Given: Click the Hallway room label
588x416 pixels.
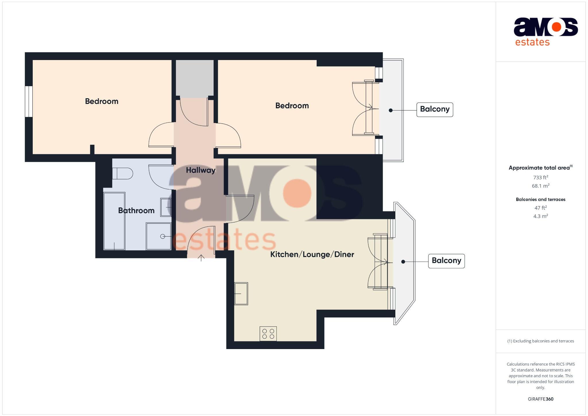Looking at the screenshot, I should pyautogui.click(x=200, y=170).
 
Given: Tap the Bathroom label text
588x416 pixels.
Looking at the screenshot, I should pyautogui.click(x=136, y=210).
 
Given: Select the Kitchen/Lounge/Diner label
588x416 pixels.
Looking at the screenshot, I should pyautogui.click(x=312, y=254).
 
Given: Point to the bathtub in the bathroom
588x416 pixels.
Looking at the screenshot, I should pyautogui.click(x=114, y=221).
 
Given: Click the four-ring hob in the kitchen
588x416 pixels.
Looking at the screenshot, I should pyautogui.click(x=268, y=334).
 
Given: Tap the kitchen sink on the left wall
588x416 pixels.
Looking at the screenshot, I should pyautogui.click(x=241, y=293).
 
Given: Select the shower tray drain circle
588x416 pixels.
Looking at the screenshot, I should pyautogui.click(x=163, y=236).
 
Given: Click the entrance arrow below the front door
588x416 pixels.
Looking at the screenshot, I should pyautogui.click(x=201, y=258).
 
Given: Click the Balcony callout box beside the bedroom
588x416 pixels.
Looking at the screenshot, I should pyautogui.click(x=434, y=109).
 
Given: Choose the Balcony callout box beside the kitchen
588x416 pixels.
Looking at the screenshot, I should pyautogui.click(x=446, y=261).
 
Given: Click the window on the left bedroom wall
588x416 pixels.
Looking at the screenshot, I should pyautogui.click(x=28, y=101).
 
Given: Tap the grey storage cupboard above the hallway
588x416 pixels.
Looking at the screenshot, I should pyautogui.click(x=195, y=78).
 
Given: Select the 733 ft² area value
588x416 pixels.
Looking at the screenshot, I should pyautogui.click(x=540, y=177).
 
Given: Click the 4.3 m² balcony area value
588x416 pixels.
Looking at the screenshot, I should pyautogui.click(x=540, y=216).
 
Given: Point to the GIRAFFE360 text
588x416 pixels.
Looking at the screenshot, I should pyautogui.click(x=540, y=399).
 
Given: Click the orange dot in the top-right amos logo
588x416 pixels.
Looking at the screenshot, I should pyautogui.click(x=556, y=27).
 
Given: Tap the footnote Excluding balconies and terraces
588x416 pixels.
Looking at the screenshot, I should pyautogui.click(x=540, y=341).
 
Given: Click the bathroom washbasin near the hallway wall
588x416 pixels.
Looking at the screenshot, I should pyautogui.click(x=166, y=207).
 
